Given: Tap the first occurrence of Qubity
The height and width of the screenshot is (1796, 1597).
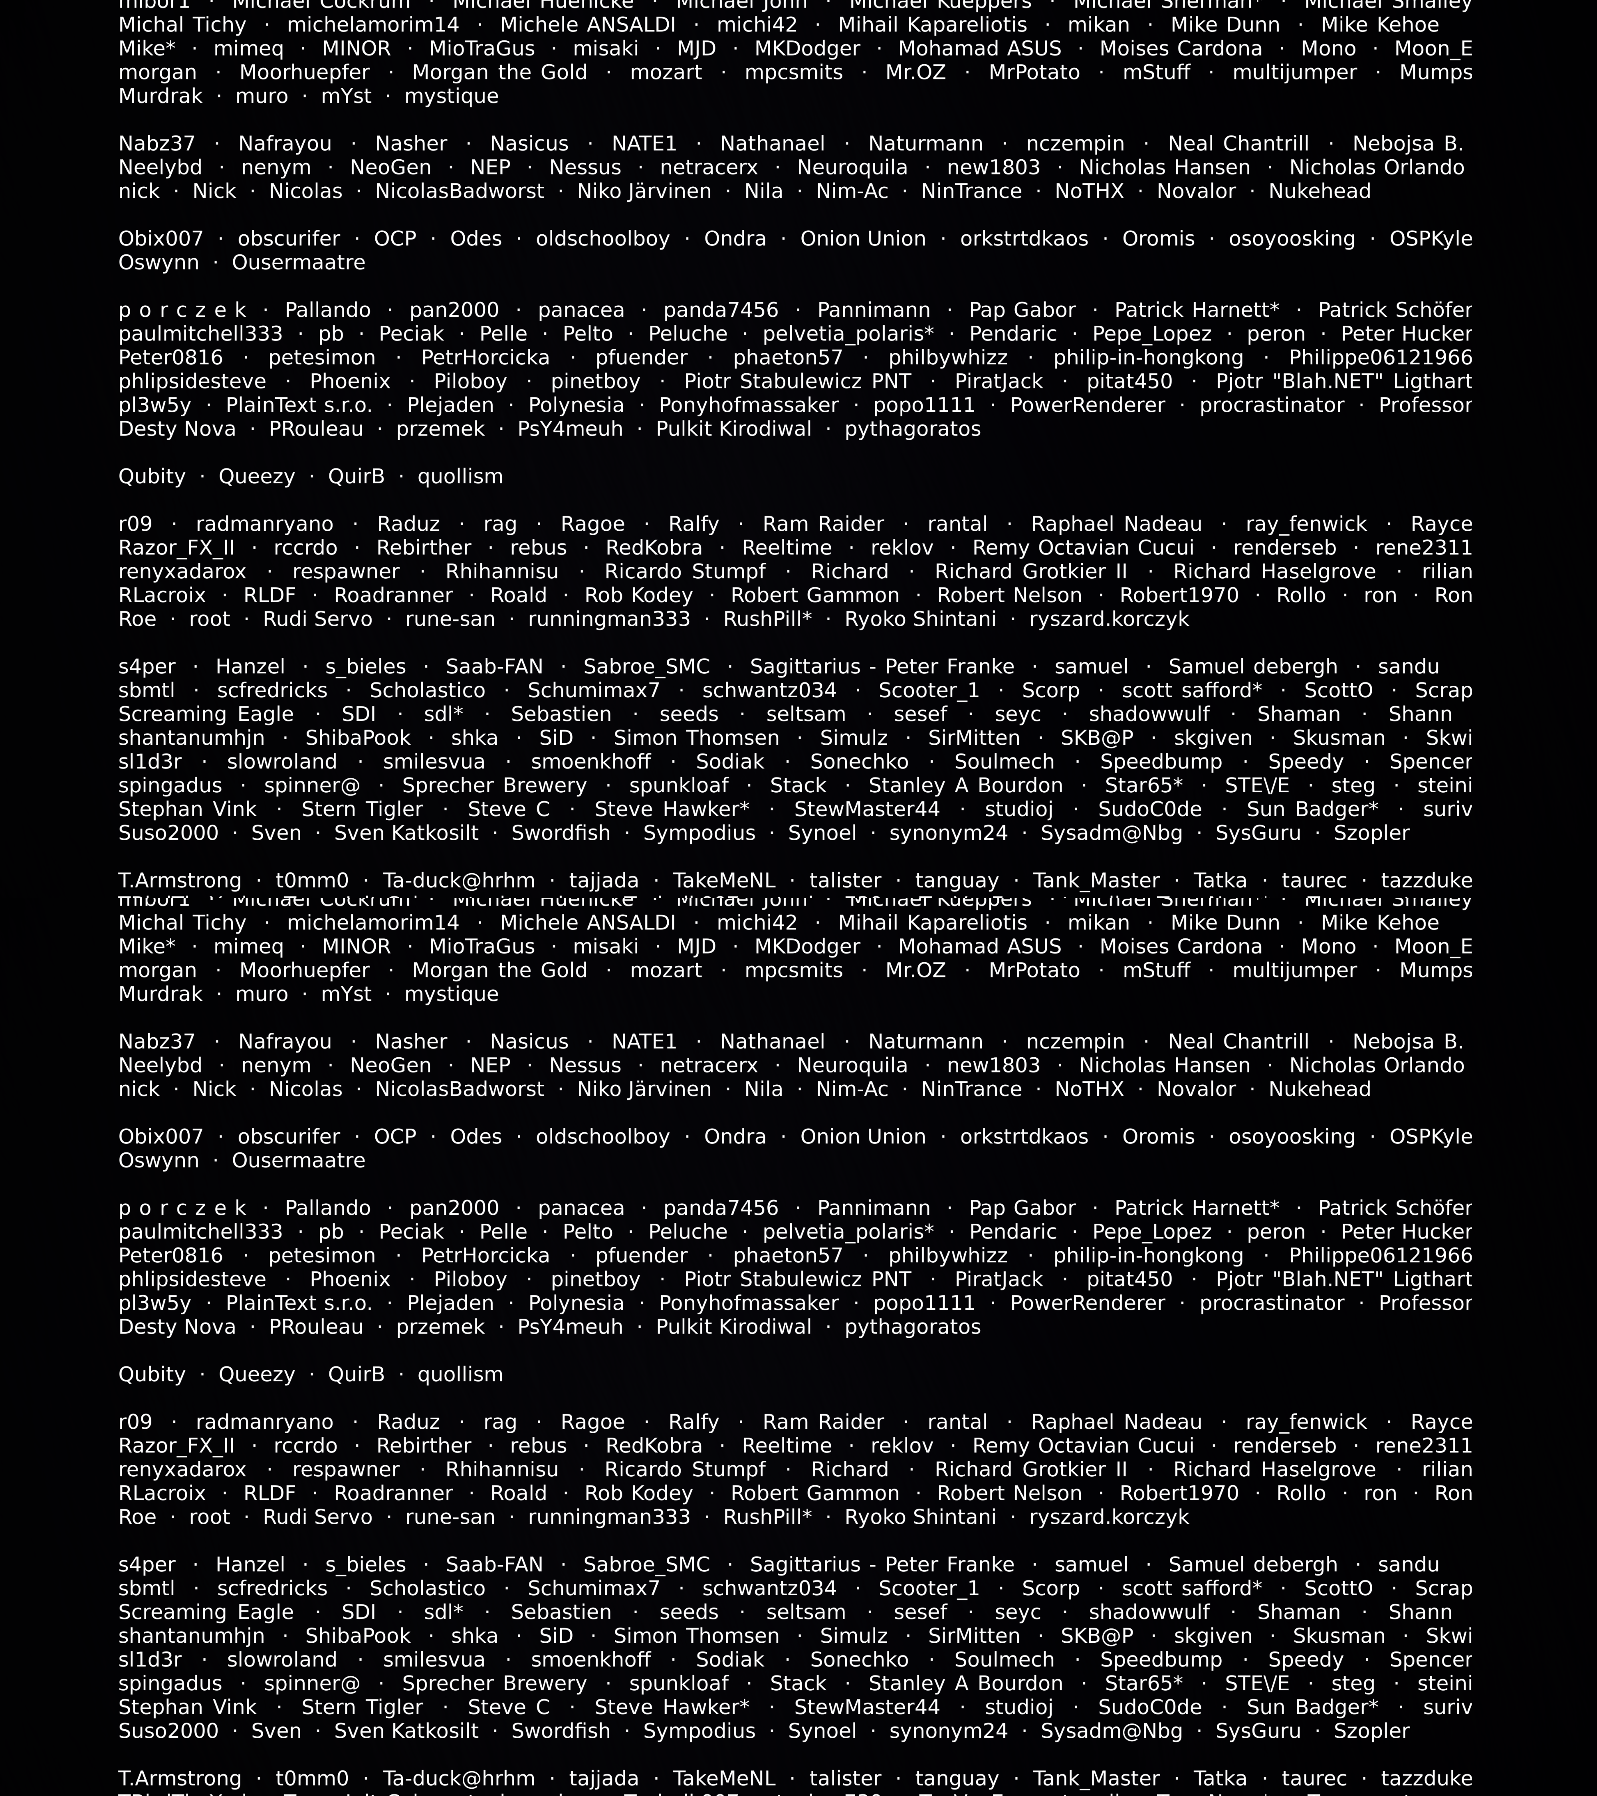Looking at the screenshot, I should [152, 477].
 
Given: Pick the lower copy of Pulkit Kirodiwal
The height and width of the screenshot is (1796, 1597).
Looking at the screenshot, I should [734, 1328].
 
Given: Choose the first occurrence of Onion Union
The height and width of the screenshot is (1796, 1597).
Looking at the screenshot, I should [862, 239].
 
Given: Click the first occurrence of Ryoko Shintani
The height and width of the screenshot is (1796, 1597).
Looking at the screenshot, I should [920, 619].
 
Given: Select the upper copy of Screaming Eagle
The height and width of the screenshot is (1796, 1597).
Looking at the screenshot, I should [206, 714].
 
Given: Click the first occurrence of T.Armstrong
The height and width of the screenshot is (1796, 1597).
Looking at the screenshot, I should [179, 880].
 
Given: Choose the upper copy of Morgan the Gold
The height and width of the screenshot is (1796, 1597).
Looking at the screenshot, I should [499, 73].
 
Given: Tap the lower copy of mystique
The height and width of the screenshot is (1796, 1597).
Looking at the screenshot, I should [451, 995].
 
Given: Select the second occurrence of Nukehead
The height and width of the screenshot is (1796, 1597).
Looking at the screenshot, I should [1319, 1090].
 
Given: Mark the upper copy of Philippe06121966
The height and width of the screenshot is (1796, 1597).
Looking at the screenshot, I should [1380, 358].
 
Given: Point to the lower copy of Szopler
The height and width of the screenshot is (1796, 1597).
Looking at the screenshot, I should [1371, 1731].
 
